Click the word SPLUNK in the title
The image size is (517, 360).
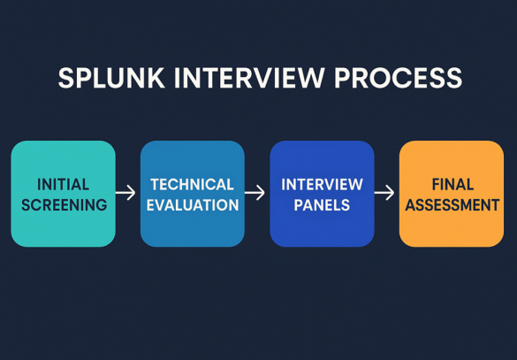coord(102,78)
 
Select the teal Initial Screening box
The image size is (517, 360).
coord(63,194)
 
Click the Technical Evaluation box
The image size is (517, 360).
coord(192,194)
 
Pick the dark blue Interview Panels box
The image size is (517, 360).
coord(322,194)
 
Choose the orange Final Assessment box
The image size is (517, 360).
coord(452,194)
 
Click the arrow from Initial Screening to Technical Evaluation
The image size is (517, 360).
coord(127,192)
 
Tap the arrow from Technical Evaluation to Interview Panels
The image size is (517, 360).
coord(256,192)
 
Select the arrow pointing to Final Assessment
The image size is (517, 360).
coord(386,192)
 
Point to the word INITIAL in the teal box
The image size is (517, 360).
coord(63,185)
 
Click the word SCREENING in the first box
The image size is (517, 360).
coord(63,205)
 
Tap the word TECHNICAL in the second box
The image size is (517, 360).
coord(192,185)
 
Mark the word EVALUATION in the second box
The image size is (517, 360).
coord(192,205)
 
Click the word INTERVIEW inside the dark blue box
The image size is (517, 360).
coord(322,185)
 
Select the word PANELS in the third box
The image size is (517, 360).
coord(322,205)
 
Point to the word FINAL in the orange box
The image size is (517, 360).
coord(452,185)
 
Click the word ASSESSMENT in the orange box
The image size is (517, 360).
coord(452,205)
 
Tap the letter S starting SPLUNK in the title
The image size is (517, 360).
coord(66,78)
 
